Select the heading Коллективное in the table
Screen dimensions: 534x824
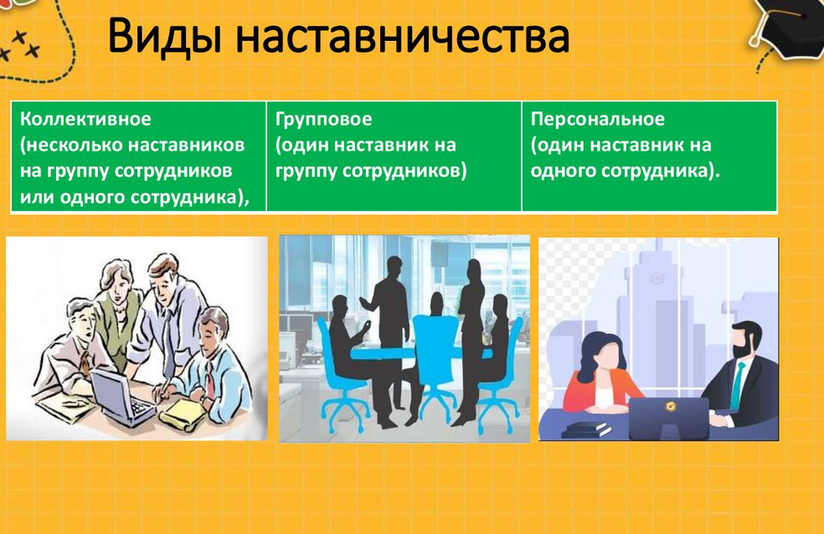pos(85,119)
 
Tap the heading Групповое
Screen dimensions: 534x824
pos(324,119)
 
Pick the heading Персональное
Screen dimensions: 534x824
pos(598,119)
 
